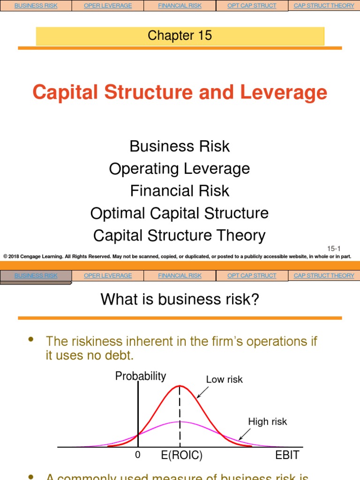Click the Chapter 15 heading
point(180,35)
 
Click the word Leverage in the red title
point(284,92)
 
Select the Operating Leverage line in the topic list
point(180,168)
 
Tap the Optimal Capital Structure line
point(180,213)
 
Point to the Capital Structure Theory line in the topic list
point(180,235)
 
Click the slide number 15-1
point(334,247)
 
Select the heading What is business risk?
point(180,299)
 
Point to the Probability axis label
point(141,376)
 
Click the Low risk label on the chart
point(225,380)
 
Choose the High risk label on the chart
point(268,422)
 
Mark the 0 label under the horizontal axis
point(137,455)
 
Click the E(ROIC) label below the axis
point(182,456)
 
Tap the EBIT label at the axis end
point(287,456)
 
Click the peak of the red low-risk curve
point(180,386)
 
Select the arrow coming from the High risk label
point(244,435)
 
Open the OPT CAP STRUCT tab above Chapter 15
point(252,6)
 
